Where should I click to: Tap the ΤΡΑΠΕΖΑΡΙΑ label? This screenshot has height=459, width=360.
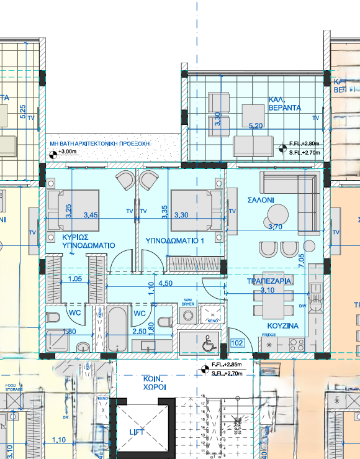click(x=270, y=281)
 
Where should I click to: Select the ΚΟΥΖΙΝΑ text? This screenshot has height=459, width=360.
click(x=283, y=325)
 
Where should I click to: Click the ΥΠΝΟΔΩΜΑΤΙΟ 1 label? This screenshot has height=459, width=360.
click(x=175, y=240)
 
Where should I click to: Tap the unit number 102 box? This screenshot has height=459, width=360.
click(x=238, y=342)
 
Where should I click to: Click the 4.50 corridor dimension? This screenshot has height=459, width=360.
click(x=166, y=283)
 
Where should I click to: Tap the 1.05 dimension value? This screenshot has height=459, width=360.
click(x=74, y=279)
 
